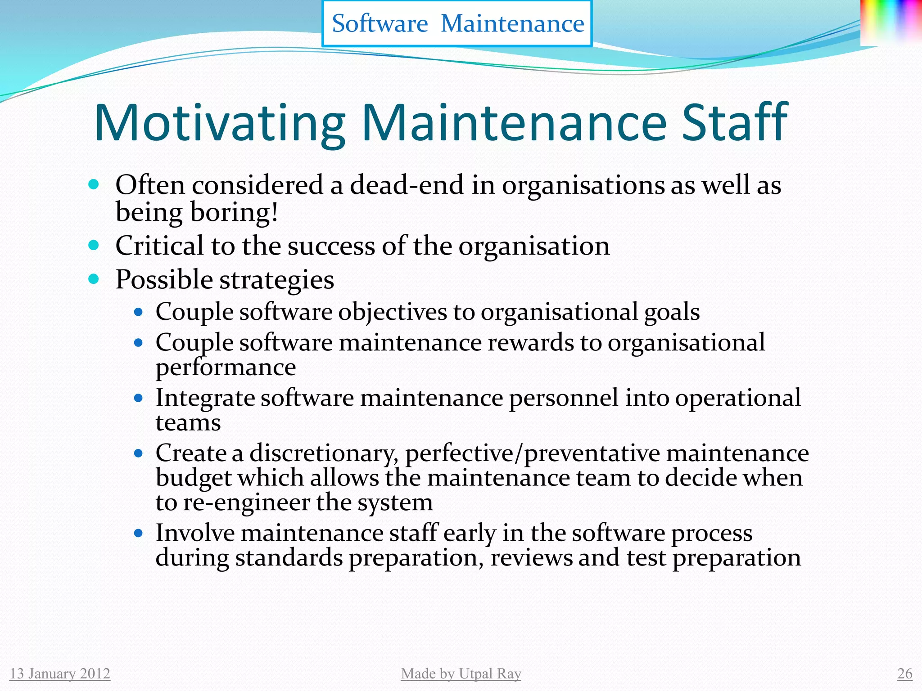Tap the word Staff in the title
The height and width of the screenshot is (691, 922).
coord(735,122)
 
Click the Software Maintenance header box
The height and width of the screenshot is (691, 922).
coord(457,23)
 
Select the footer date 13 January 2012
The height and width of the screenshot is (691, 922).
coord(60,673)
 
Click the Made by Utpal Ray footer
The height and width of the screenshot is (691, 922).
coord(461,673)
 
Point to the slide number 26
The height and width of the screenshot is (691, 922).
coord(904,673)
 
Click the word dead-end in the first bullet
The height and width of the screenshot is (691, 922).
coord(407,185)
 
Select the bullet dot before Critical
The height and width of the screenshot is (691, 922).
coord(94,245)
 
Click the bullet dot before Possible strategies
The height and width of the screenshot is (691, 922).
coord(94,279)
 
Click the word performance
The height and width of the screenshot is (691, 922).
coord(226,368)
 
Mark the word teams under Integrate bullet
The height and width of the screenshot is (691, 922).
coord(188,423)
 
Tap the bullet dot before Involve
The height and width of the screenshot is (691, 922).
coord(139,534)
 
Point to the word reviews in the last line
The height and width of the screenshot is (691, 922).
coord(531,558)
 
